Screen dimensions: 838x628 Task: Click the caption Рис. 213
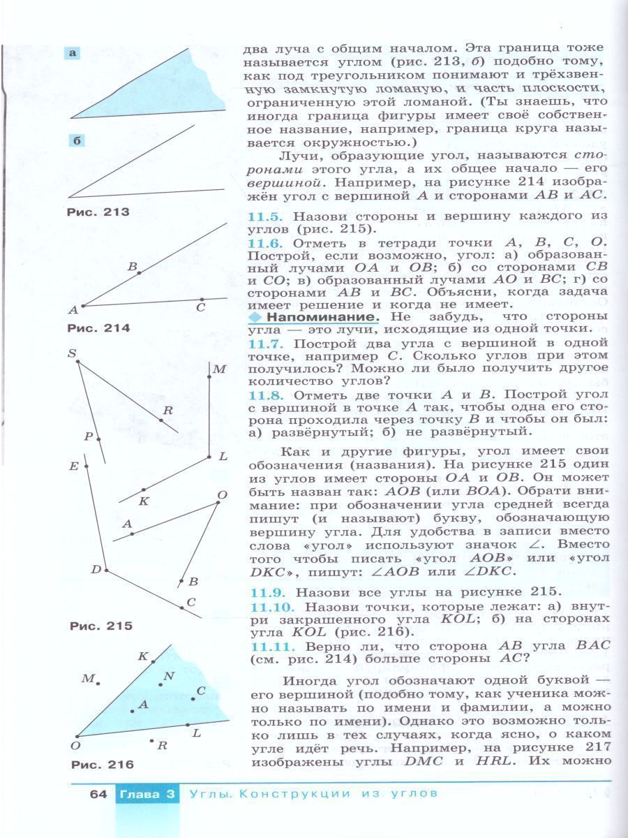pos(98,212)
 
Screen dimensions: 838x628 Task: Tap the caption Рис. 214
pos(98,328)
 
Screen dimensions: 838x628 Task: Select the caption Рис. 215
pos(100,626)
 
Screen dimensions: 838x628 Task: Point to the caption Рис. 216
pos(102,765)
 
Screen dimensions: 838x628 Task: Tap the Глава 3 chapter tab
pos(146,794)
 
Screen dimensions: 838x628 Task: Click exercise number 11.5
pos(265,217)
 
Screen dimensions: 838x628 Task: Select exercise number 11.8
pos(265,395)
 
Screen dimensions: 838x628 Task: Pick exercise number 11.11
pos(269,647)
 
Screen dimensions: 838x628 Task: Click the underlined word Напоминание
pos(323,316)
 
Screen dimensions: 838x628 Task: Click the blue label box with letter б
pos(77,141)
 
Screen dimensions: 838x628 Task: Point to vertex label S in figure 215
pos(71,354)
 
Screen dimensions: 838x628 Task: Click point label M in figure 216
pos(87,678)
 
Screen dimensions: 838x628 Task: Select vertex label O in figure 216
pos(75,746)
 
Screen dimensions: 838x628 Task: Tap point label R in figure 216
pos(162,745)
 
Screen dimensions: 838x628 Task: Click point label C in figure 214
pos(200,307)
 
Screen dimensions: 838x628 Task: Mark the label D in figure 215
pos(96,569)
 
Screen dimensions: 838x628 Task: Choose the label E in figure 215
pos(73,466)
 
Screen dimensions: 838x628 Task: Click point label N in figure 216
pos(168,675)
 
